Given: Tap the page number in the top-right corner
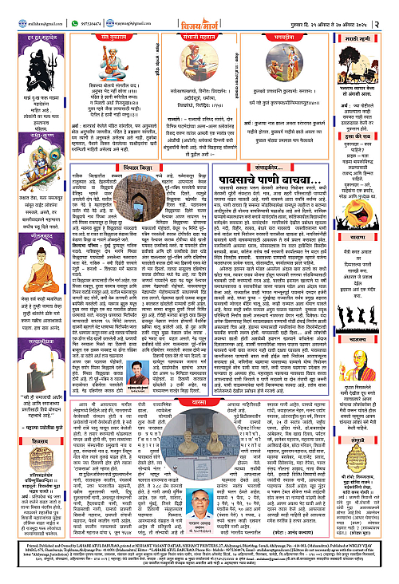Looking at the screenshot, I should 393,11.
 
